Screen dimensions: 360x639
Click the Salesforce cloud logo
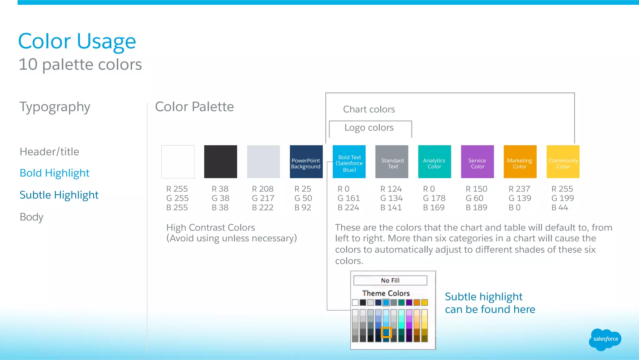pos(605,339)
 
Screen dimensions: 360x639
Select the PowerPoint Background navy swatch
pos(306,162)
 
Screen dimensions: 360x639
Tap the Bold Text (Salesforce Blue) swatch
pos(349,162)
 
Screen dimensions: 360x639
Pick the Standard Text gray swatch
pos(392,162)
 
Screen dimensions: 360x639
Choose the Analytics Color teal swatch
pos(434,162)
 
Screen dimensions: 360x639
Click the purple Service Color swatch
pos(477,162)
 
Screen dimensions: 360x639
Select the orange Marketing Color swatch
pos(520,162)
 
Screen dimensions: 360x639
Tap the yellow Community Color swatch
pos(563,162)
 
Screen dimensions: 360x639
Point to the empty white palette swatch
pos(178,162)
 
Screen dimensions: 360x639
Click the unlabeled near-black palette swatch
pos(221,162)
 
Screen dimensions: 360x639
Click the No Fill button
pos(390,280)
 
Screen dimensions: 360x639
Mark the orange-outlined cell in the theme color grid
pos(386,332)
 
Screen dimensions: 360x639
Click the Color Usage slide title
pos(77,41)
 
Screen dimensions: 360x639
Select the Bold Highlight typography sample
pos(54,173)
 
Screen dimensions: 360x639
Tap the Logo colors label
pos(369,128)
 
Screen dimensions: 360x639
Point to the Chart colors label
pos(369,109)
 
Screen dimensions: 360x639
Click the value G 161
pos(349,198)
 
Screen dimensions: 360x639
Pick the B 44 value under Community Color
pos(559,208)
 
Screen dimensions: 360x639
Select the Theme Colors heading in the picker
pos(386,293)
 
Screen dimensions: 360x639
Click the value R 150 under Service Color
pos(476,189)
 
